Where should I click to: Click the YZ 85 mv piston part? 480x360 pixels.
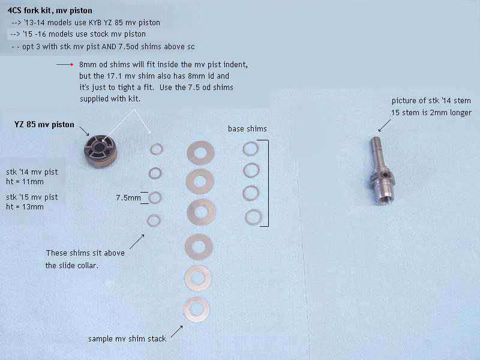point(100,151)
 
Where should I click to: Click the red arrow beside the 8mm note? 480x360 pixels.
point(65,64)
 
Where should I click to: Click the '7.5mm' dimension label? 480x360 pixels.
point(128,198)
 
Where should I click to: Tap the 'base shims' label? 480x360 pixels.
point(247,129)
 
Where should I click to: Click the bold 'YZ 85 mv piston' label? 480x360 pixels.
point(44,125)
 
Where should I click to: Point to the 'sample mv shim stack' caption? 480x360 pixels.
point(127,338)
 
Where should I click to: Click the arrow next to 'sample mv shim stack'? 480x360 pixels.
point(176,332)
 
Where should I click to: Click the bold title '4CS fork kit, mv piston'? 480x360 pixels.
point(50,11)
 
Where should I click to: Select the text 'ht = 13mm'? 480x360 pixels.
point(25,207)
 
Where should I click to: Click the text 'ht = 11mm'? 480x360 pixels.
point(25,182)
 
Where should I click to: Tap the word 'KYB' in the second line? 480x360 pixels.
point(95,23)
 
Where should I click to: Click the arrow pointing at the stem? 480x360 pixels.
point(385,125)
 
